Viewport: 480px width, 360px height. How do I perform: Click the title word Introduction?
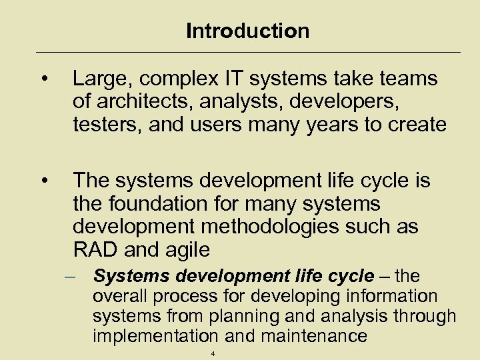(x=247, y=31)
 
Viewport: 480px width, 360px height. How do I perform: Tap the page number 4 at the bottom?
(x=213, y=354)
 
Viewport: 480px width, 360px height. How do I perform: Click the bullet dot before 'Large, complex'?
(x=43, y=80)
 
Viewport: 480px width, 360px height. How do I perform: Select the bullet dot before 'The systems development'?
(x=43, y=181)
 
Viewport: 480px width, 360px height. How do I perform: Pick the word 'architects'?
(x=139, y=102)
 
